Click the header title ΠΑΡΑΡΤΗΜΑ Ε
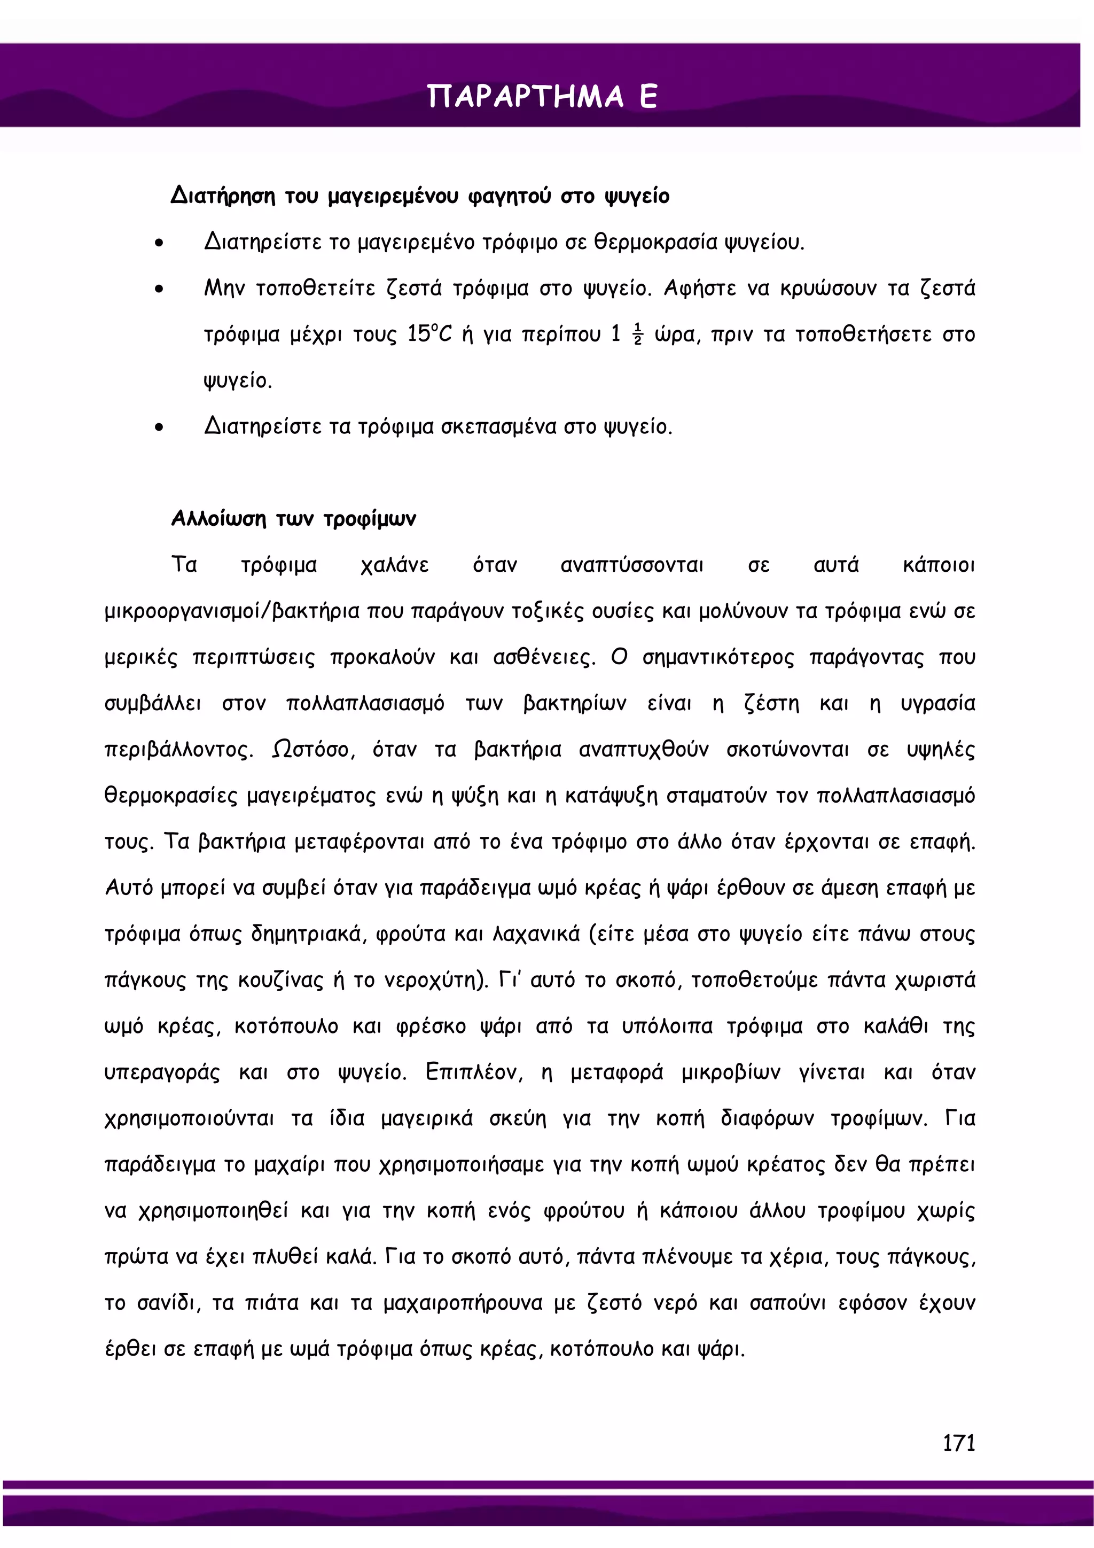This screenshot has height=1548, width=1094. point(542,96)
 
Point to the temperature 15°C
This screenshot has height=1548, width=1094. point(429,334)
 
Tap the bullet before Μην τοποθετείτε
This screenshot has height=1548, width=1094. point(159,289)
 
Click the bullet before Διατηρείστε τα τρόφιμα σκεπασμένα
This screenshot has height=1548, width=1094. point(159,427)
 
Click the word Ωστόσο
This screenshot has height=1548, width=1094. point(313,749)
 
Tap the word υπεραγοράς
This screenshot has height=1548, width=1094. point(162,1072)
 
